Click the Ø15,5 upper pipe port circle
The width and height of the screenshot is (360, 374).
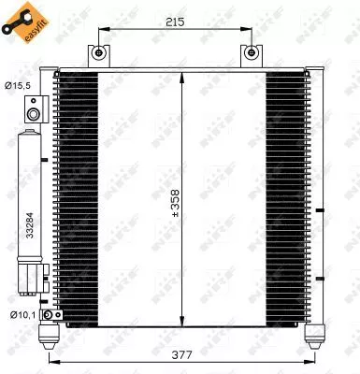point(34,114)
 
